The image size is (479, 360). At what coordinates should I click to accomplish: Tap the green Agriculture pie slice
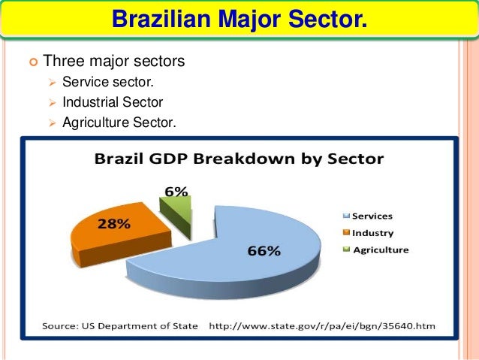click(180, 207)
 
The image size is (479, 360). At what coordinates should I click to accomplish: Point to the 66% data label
click(265, 251)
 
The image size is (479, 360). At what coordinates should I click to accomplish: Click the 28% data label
click(113, 223)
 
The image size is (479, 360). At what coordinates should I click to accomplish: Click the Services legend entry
click(372, 216)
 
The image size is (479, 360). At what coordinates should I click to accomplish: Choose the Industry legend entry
click(372, 233)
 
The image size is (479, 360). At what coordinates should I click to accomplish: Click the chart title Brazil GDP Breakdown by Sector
click(238, 159)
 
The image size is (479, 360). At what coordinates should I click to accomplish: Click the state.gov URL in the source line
click(321, 326)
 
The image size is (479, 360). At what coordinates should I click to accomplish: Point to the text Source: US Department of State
click(120, 326)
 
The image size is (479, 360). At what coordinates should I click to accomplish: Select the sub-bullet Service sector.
click(112, 82)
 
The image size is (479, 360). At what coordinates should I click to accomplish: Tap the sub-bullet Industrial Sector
click(113, 100)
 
